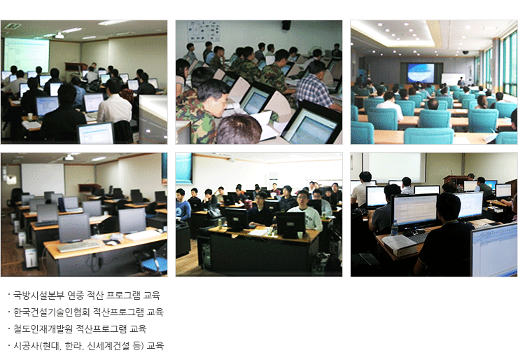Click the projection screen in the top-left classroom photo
(x=27, y=55)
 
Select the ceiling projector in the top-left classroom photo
(x=59, y=35)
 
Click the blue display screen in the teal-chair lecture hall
(x=421, y=73)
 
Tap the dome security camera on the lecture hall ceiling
(x=465, y=53)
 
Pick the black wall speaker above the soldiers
(x=286, y=25)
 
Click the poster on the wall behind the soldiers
(x=204, y=31)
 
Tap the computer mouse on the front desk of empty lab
(x=112, y=242)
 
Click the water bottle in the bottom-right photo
(x=394, y=228)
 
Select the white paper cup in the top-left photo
(x=30, y=116)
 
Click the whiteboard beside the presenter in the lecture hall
(x=453, y=78)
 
